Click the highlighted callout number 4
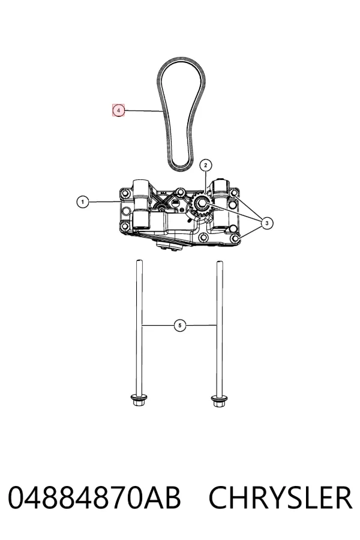click(x=119, y=110)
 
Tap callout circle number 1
click(x=82, y=202)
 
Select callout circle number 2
click(x=206, y=166)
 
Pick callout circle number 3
click(x=267, y=223)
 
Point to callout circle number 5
click(x=180, y=325)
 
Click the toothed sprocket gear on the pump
click(x=199, y=206)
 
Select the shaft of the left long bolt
click(x=139, y=327)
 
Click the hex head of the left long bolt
click(x=139, y=401)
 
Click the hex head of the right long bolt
click(x=219, y=401)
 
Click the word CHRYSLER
click(x=280, y=497)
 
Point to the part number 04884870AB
click(x=94, y=497)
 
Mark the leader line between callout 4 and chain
click(x=143, y=110)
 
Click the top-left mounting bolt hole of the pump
click(x=124, y=191)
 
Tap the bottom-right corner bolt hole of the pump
click(x=236, y=239)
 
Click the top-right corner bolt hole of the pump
click(x=234, y=193)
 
